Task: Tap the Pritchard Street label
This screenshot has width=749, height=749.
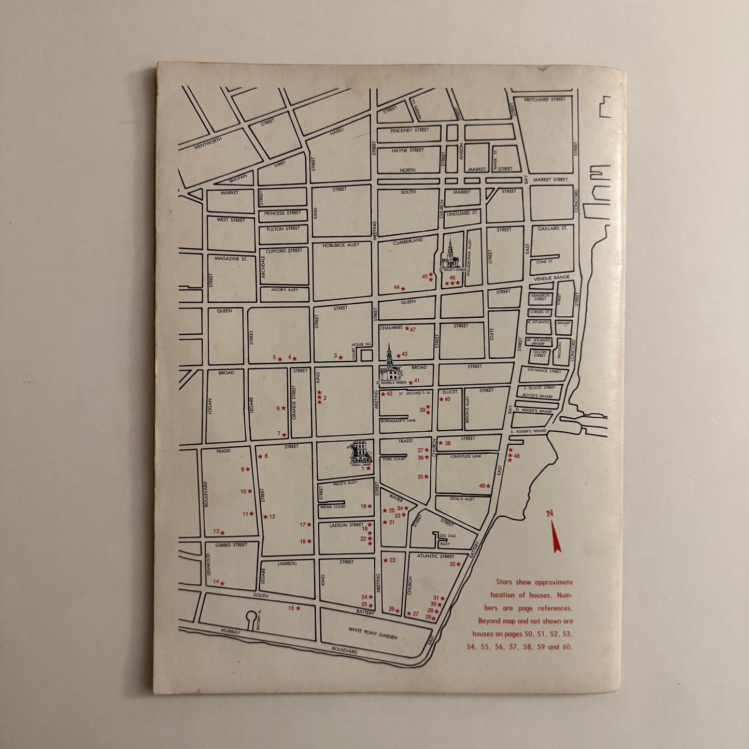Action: pyautogui.click(x=544, y=100)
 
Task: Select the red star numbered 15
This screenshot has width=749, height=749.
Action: pyautogui.click(x=298, y=608)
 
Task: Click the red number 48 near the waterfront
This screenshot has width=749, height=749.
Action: pyautogui.click(x=516, y=456)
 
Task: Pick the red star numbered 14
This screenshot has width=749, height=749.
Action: pyautogui.click(x=222, y=583)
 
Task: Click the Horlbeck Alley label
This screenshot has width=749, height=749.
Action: pyautogui.click(x=341, y=245)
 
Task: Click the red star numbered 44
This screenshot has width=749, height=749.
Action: pyautogui.click(x=403, y=288)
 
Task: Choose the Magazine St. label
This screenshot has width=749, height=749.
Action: pyautogui.click(x=231, y=259)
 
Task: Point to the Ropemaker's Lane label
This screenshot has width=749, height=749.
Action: pyautogui.click(x=398, y=421)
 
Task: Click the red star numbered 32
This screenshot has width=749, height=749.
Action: pyautogui.click(x=458, y=564)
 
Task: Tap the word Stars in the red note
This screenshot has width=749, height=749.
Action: pyautogui.click(x=504, y=582)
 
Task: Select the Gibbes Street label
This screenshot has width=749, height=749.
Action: pyautogui.click(x=232, y=545)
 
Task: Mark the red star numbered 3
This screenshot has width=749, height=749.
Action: pyautogui.click(x=341, y=357)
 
